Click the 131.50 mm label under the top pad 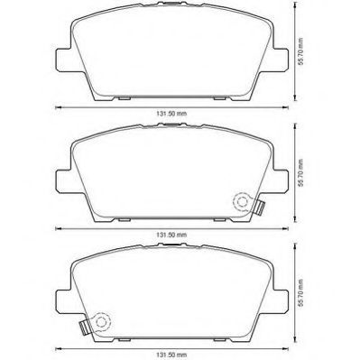click(x=171, y=114)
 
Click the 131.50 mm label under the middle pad click(x=171, y=235)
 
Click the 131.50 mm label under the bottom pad click(x=171, y=355)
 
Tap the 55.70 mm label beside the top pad click(x=301, y=51)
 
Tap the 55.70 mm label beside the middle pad click(x=301, y=173)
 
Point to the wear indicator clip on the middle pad click(x=259, y=207)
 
